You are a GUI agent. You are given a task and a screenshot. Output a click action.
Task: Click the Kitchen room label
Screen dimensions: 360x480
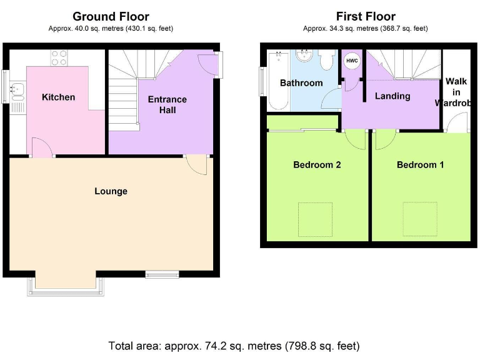tap(58, 97)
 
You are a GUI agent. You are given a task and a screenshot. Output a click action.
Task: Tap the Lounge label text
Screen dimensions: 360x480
tap(111, 191)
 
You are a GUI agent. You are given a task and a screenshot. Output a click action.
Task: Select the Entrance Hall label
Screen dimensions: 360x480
tap(167, 104)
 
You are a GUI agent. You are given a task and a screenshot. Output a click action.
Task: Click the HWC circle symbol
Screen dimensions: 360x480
tap(352, 61)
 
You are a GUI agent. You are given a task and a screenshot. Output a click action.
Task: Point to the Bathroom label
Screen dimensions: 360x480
tap(301, 83)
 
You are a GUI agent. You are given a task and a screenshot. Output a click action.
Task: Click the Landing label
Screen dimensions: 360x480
tap(392, 96)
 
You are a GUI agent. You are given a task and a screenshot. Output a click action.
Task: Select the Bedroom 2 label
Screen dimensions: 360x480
tap(317, 165)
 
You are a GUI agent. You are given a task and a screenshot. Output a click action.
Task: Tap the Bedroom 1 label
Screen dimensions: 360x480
tap(420, 165)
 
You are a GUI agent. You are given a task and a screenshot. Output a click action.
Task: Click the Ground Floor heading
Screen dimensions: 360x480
tap(111, 16)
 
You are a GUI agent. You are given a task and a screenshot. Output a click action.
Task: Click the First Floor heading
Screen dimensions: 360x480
tap(366, 16)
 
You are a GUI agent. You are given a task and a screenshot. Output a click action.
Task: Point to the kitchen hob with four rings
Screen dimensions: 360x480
tap(59, 58)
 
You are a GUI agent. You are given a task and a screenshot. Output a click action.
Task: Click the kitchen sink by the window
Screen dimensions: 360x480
tap(17, 92)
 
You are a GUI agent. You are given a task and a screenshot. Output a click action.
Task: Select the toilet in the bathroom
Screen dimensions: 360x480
tap(326, 61)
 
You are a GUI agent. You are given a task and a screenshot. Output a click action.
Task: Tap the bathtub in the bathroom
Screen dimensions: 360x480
tap(275, 81)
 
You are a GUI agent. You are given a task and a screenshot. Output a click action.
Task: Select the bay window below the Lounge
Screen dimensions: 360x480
tap(68, 286)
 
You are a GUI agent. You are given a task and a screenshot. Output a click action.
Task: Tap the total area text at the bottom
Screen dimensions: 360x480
tap(234, 345)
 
